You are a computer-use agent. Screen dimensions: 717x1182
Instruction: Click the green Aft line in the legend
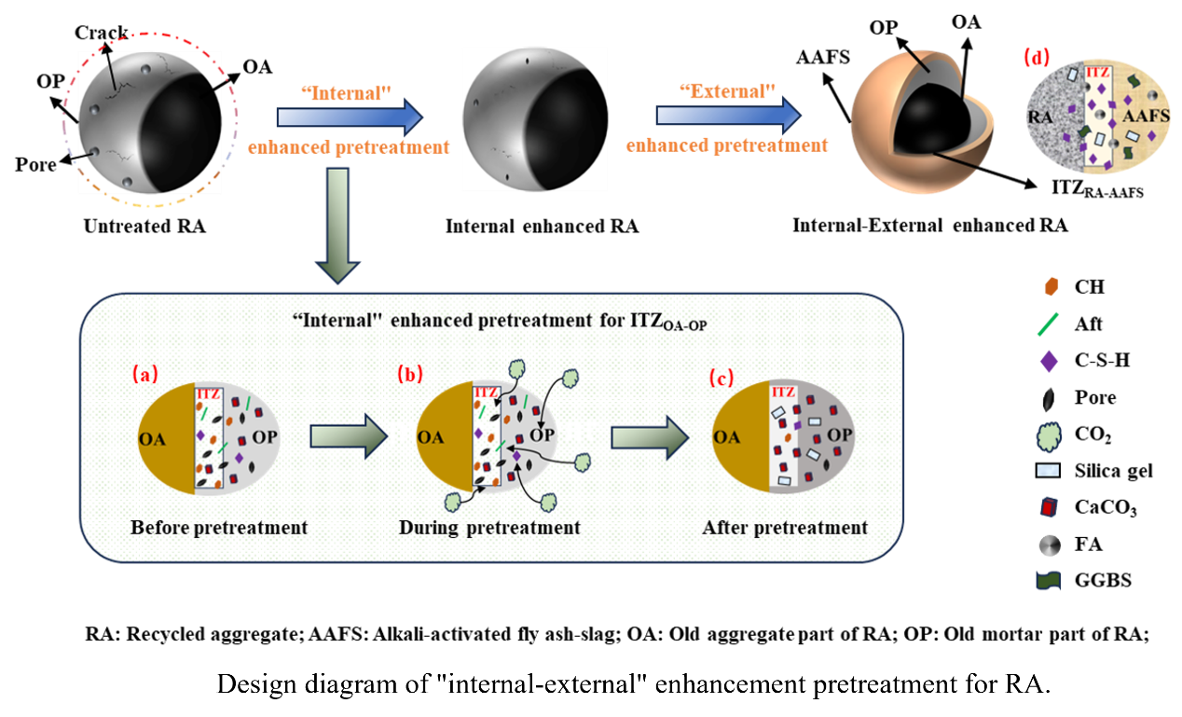[1043, 324]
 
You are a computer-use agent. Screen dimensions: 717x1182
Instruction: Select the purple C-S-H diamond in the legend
[1043, 361]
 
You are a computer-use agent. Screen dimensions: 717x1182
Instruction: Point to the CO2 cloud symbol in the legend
[1043, 434]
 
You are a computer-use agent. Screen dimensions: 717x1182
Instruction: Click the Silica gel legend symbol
[1043, 470]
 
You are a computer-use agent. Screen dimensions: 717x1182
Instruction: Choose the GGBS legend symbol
[1043, 580]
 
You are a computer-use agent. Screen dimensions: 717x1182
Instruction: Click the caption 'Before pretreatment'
[219, 528]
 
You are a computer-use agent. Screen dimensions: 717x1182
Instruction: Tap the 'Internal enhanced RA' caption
[542, 227]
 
